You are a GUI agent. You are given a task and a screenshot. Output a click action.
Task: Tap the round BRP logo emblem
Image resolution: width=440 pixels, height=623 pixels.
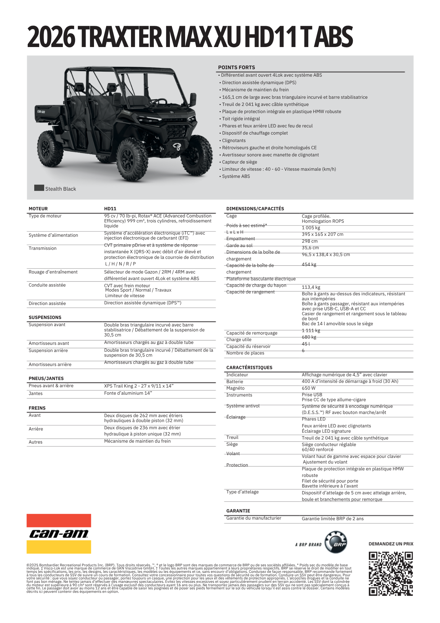(x=336, y=542)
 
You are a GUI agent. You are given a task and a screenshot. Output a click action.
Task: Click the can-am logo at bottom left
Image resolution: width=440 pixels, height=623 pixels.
(x=59, y=534)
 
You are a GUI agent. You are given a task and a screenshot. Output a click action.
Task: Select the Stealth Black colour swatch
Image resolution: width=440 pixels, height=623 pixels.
(x=39, y=188)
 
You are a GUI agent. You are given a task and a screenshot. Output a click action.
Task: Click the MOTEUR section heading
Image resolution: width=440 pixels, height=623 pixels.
(x=38, y=209)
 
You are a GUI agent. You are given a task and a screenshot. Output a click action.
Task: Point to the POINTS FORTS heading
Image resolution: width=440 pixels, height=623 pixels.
(x=236, y=67)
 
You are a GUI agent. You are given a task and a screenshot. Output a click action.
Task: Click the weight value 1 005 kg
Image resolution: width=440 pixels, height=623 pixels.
(x=311, y=228)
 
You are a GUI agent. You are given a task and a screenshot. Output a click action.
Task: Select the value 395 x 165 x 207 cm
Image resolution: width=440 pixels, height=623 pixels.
(x=322, y=234)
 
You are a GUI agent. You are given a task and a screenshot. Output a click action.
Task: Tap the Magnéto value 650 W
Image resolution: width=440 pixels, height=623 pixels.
(x=308, y=388)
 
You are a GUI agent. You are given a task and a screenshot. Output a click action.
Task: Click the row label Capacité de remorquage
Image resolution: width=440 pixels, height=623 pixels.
(x=252, y=333)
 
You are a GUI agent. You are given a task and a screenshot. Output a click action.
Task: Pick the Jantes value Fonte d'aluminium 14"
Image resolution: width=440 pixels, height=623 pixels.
(x=128, y=393)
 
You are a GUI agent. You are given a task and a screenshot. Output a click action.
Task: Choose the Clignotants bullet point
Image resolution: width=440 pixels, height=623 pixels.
(x=234, y=140)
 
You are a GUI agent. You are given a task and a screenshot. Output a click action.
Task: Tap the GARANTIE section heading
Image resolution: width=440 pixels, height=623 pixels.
(x=238, y=511)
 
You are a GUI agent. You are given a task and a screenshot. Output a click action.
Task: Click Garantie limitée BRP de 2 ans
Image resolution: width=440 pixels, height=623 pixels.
(x=332, y=519)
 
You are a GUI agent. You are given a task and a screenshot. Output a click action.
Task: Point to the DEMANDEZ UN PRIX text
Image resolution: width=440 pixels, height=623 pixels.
(x=391, y=544)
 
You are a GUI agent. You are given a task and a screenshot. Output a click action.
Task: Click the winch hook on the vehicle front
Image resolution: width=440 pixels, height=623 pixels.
(x=177, y=146)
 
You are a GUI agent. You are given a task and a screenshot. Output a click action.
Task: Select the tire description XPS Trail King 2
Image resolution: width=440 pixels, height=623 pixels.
(x=139, y=386)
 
